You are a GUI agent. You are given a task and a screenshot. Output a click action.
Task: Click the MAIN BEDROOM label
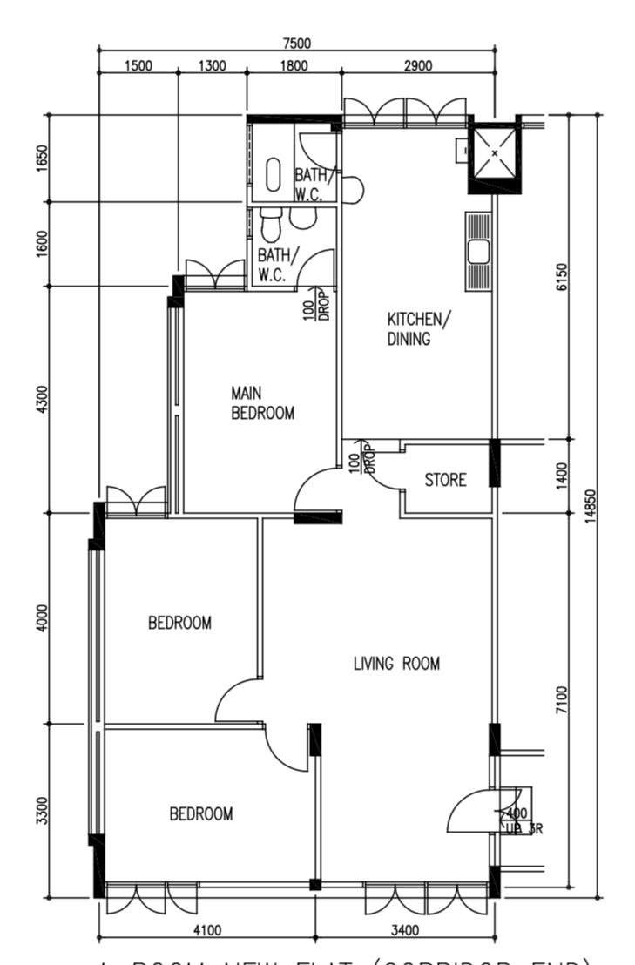point(261,403)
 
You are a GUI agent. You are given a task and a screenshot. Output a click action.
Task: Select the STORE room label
point(445,480)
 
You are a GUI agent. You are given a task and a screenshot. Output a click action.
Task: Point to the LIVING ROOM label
point(396,664)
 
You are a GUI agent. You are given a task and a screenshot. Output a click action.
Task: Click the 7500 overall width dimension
point(297,44)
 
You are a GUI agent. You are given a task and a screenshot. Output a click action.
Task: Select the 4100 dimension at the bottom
point(206,930)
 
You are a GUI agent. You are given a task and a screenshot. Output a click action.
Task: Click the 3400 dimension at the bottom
point(405,930)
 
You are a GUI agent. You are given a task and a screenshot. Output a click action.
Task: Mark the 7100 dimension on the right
point(562,700)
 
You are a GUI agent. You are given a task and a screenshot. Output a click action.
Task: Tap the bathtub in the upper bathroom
point(273,173)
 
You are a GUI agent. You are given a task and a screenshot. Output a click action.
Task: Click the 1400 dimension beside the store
point(562,476)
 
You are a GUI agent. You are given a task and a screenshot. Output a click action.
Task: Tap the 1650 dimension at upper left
point(43,159)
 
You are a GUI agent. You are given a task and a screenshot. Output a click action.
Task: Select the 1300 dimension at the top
point(213,66)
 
